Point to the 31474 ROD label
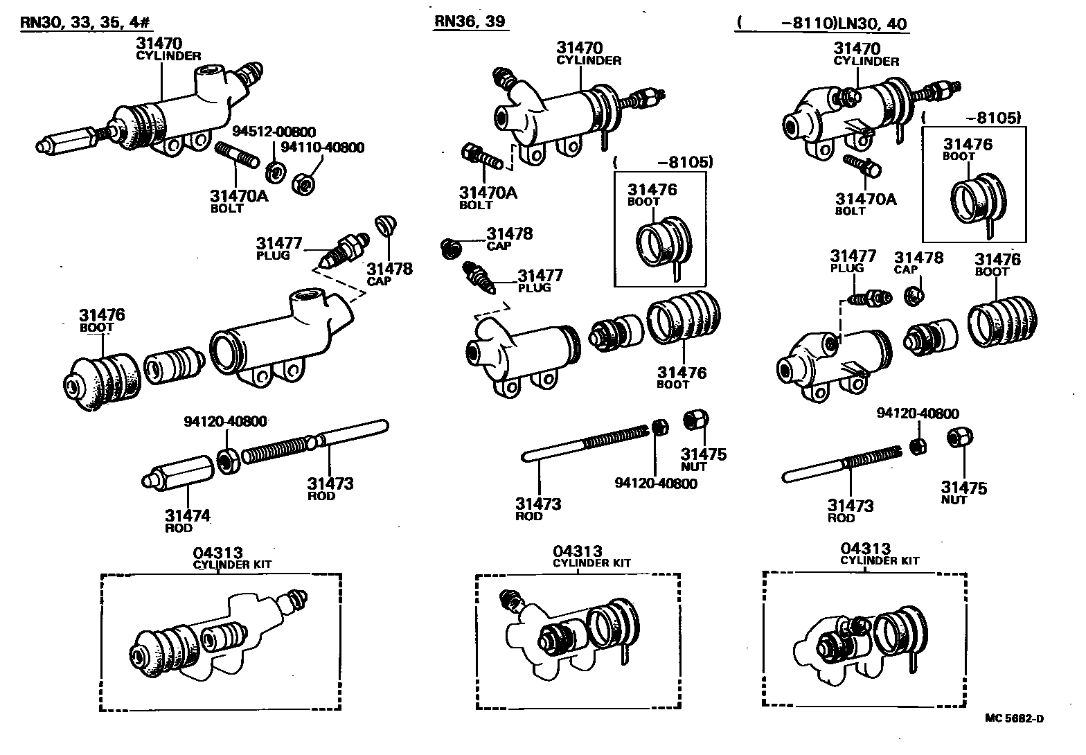pos(187,520)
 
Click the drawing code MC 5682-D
pos(1014,718)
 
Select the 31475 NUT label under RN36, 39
pos(703,459)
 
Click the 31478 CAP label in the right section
pos(918,263)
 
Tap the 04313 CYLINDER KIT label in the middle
pos(591,556)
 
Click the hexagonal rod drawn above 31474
pos(177,474)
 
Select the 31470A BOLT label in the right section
pos(865,204)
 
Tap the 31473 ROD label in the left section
pos(330,488)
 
